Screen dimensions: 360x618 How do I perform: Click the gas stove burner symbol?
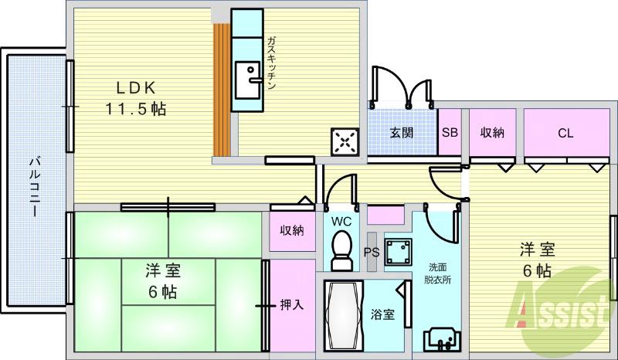[x=345, y=141]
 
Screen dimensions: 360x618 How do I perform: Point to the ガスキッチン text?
[x=272, y=64]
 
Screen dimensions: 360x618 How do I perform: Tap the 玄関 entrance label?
[x=401, y=132]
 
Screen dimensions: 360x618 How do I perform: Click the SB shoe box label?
[x=450, y=132]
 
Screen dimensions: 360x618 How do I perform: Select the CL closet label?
[x=565, y=133]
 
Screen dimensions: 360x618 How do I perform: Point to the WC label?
[x=341, y=222]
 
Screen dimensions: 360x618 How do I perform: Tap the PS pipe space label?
[x=372, y=251]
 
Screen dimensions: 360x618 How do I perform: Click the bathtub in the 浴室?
[x=339, y=315]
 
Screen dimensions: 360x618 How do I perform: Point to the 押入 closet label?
[x=291, y=304]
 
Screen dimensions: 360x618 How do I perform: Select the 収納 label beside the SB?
[x=492, y=132]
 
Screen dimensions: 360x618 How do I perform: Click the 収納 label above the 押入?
[x=291, y=230]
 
